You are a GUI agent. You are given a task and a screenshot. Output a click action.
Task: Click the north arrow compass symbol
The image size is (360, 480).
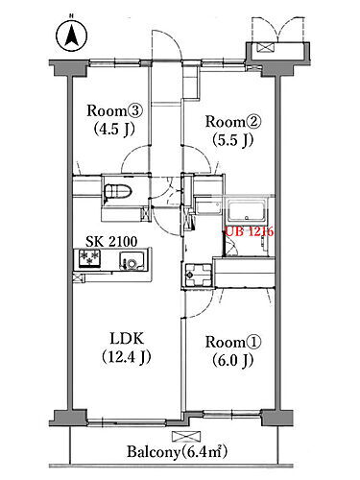click(71, 36)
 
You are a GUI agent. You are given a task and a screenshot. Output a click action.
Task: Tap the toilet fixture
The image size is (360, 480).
click(118, 191)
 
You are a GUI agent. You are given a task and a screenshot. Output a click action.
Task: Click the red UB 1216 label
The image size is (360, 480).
click(250, 231)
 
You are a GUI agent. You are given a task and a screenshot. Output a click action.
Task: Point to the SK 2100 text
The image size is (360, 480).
click(111, 242)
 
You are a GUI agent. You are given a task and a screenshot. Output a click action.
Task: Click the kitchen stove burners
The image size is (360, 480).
click(89, 258)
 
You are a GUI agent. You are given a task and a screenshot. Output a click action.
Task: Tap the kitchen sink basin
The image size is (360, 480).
click(132, 260)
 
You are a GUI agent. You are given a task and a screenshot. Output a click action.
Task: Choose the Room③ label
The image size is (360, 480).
click(114, 111)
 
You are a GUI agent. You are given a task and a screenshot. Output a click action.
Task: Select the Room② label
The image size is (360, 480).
click(233, 122)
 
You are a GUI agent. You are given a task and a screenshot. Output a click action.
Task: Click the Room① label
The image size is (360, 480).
click(233, 342)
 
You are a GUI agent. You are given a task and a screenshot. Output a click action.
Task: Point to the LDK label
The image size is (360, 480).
click(127, 338)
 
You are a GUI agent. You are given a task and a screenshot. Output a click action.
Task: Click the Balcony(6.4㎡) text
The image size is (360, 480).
click(178, 452)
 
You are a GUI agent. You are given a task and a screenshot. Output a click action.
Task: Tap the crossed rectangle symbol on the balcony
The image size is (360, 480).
click(186, 436)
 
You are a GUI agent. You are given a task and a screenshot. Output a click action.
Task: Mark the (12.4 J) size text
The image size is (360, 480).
click(127, 356)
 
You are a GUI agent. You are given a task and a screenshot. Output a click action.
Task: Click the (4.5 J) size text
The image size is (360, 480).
click(114, 130)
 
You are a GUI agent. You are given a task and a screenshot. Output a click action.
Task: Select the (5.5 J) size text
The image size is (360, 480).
click(233, 140)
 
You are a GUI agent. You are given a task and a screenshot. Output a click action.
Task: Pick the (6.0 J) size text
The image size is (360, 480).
click(233, 361)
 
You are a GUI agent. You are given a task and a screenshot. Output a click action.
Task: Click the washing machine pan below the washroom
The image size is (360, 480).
click(197, 275)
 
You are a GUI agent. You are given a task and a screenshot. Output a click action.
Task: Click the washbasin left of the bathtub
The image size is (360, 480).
click(208, 208)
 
